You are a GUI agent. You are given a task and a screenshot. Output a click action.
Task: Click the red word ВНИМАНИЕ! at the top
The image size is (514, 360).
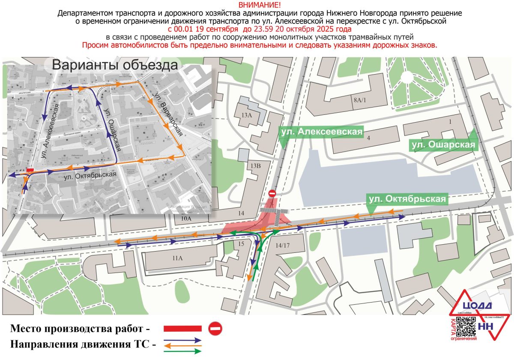point(257,5)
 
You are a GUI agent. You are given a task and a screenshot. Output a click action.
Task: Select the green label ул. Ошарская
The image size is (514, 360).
point(443,145)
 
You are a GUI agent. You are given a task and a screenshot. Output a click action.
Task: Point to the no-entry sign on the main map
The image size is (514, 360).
point(272,194)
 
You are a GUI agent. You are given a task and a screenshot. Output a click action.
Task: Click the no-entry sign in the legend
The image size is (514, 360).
point(215,329)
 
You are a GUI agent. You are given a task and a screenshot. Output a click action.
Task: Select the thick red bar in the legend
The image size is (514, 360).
point(182,329)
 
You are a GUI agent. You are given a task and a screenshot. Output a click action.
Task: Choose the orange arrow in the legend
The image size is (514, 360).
point(182,345)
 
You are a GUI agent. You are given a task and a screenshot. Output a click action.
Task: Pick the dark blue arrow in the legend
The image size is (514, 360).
point(182,339)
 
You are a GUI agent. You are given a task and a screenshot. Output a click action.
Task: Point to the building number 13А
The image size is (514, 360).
point(246,115)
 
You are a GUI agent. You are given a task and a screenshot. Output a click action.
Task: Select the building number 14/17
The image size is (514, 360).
point(283,246)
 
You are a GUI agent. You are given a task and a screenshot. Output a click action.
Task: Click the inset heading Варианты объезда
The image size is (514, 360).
point(114,65)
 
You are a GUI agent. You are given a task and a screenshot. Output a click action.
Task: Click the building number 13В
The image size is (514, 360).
point(256,165)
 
